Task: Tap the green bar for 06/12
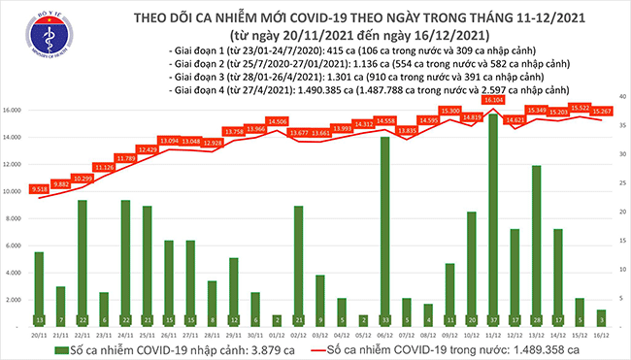click(x=384, y=232)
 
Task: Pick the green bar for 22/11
click(x=83, y=263)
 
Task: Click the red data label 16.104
click(x=493, y=100)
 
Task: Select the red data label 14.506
click(x=277, y=121)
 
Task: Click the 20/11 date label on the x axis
click(x=39, y=335)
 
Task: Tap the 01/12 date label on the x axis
click(x=277, y=335)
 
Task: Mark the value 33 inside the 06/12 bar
click(x=384, y=319)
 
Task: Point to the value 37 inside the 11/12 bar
click(x=494, y=319)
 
